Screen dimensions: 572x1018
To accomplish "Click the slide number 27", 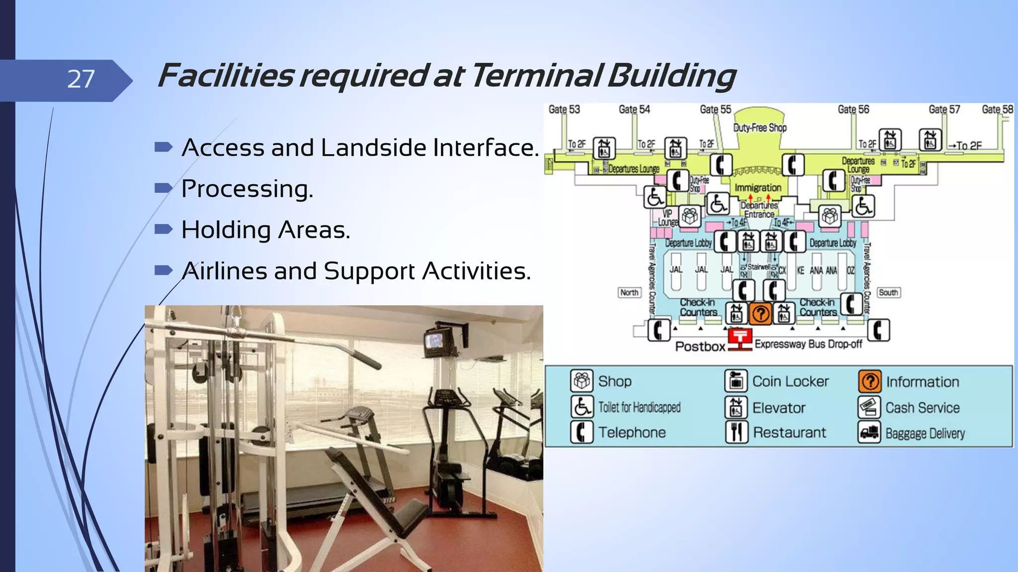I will tap(81, 79).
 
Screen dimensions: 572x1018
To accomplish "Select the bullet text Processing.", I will tap(247, 189).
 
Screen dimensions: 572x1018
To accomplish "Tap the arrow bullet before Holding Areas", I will tap(164, 229).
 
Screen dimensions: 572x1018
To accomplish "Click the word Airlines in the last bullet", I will tap(224, 271).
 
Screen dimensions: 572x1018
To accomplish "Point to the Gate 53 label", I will tap(564, 109).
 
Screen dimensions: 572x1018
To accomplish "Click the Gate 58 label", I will tap(997, 109).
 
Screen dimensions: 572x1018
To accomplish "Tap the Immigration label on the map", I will tap(758, 188).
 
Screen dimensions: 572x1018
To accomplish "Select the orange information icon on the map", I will tap(760, 314).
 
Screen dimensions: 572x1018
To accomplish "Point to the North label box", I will tap(629, 292).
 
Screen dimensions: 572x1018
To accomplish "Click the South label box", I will tap(888, 292).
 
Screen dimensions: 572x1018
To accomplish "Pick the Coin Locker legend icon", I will tap(736, 381).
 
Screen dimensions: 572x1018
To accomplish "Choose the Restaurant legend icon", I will tap(736, 432).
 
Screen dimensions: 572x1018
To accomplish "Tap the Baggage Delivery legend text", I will tap(925, 433).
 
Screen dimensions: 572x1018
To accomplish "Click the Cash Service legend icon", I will tap(869, 407).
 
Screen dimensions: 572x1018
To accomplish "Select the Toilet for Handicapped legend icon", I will tap(581, 407).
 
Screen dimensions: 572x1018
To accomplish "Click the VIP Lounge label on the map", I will tap(668, 218).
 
